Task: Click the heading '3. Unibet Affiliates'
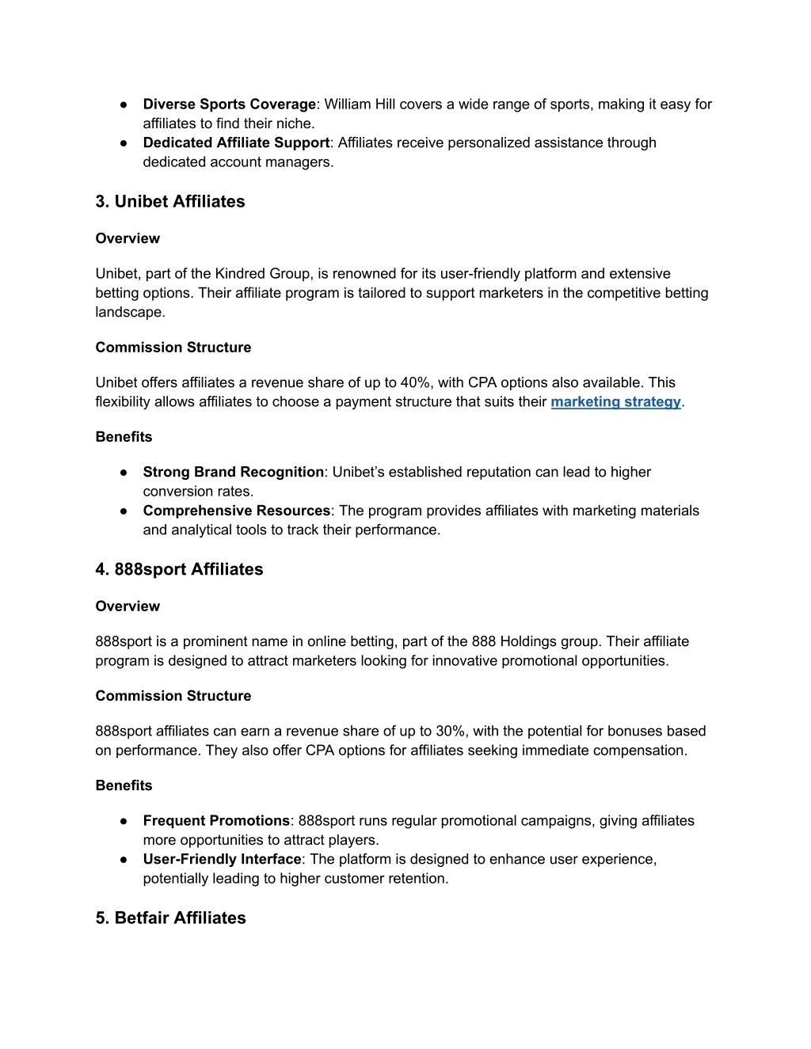tap(170, 202)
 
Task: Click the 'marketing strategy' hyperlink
tap(615, 402)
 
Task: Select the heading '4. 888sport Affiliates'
tap(179, 570)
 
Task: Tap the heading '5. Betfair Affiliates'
tap(170, 918)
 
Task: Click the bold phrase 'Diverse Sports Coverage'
tap(229, 105)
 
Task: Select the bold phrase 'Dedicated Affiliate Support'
tap(236, 143)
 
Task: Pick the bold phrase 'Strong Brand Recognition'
tap(233, 473)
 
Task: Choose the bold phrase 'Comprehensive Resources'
tap(236, 511)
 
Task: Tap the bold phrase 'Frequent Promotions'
tap(216, 821)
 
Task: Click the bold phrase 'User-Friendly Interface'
tap(222, 860)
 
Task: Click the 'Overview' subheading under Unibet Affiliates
tap(128, 239)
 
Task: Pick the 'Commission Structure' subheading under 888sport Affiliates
tap(173, 697)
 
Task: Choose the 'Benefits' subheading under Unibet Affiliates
tap(124, 437)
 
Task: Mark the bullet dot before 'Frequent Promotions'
tap(124, 821)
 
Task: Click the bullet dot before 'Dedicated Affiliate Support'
tap(124, 143)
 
